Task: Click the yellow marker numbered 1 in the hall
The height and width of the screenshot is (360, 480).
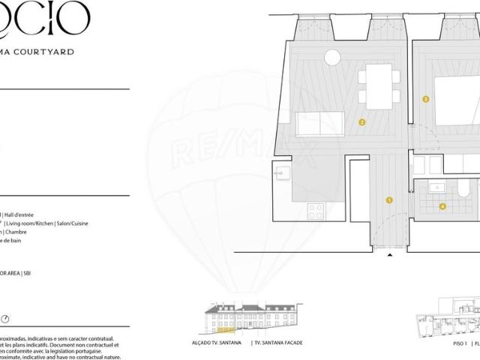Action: click(x=389, y=200)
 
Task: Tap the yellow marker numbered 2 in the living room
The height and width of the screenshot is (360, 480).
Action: click(x=361, y=122)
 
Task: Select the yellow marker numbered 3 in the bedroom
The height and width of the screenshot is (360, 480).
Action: click(x=426, y=99)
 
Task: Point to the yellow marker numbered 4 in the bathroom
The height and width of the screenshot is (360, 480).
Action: click(x=442, y=206)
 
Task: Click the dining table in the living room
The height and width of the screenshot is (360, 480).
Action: click(x=379, y=83)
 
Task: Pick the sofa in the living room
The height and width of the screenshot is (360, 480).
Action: click(x=320, y=124)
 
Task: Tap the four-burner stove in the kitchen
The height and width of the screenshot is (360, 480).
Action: click(x=316, y=211)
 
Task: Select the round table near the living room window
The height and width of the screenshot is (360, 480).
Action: click(x=332, y=57)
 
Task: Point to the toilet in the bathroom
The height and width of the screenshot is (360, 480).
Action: click(x=465, y=187)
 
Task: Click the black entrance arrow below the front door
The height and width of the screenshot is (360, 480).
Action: click(x=389, y=256)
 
